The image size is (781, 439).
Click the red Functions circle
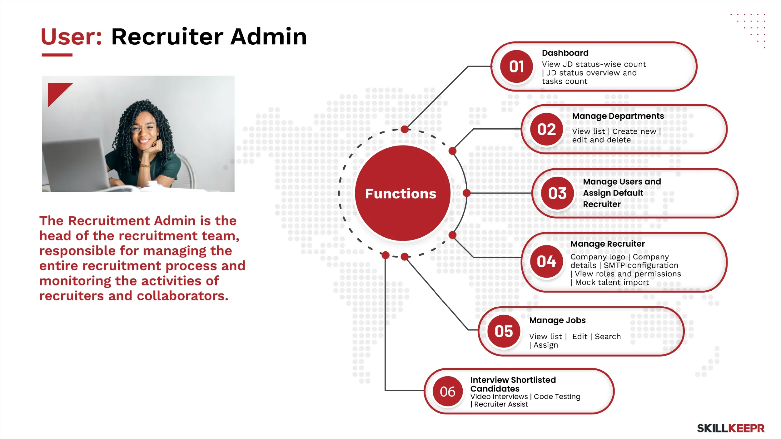pos(403,193)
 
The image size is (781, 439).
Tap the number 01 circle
pos(517,67)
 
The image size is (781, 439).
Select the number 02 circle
pos(547,129)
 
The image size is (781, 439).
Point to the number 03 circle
pos(558,193)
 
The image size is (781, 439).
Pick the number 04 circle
pos(547,261)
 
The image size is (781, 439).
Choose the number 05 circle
pos(504,331)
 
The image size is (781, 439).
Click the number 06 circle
pos(448,391)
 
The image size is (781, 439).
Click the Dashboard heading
pos(565,53)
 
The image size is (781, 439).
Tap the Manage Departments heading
pos(618,116)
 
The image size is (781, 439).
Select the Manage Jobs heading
pos(557,321)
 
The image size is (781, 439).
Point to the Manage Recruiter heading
pos(608,244)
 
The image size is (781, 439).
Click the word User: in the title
pos(72,37)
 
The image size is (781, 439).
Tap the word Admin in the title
pos(269,37)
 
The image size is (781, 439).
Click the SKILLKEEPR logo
pos(731,428)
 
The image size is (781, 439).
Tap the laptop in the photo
pos(77,164)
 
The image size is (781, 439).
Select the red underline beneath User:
pos(57,55)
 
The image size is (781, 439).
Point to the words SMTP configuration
pos(641,265)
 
